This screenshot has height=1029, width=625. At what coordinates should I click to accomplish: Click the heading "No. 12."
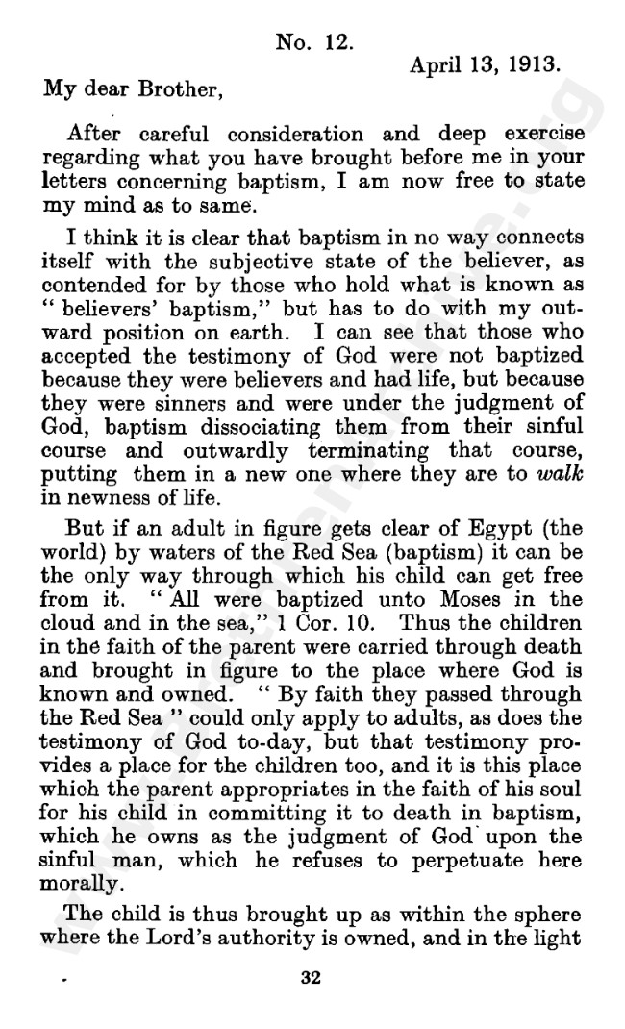[x=316, y=42]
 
